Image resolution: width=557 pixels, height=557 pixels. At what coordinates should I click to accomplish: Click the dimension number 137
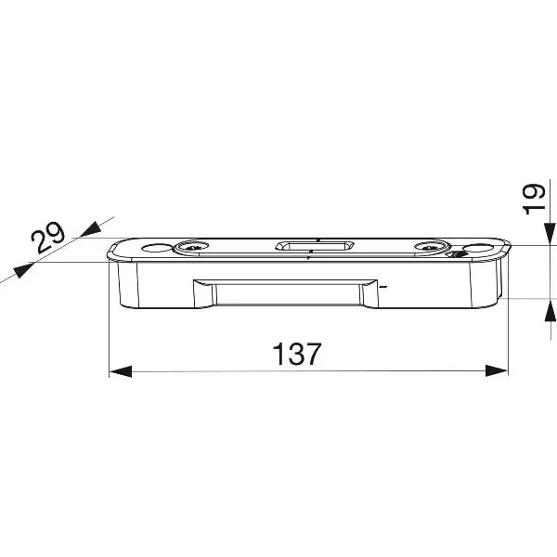[297, 354]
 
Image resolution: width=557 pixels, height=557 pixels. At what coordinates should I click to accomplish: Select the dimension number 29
[48, 238]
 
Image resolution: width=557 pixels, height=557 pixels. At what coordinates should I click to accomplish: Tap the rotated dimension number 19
[535, 199]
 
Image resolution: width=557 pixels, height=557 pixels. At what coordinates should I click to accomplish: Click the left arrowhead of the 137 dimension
[120, 371]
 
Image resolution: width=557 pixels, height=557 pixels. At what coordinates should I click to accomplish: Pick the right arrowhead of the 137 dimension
[497, 370]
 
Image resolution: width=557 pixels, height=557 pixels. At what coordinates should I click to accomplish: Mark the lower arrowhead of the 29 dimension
[24, 270]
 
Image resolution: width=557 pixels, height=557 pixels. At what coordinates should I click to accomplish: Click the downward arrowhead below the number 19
[551, 233]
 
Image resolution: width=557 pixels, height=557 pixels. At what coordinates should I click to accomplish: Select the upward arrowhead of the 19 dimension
[551, 310]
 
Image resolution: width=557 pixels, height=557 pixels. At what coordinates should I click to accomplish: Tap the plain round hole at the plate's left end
[156, 247]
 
